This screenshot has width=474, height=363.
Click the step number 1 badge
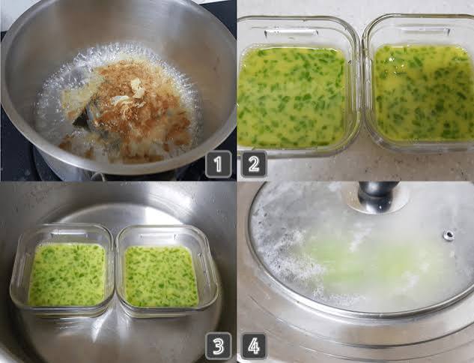pyautogui.click(x=218, y=164)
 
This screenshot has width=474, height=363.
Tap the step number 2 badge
pyautogui.click(x=254, y=164)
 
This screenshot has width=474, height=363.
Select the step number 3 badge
pyautogui.click(x=218, y=346)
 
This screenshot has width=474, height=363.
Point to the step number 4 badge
pyautogui.click(x=254, y=346)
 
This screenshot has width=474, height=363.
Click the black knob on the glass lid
pyautogui.click(x=378, y=195)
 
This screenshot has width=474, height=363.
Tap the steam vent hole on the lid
pyautogui.click(x=449, y=235)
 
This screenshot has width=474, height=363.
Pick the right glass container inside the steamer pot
pyautogui.click(x=167, y=271)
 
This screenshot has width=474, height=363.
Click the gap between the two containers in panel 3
pyautogui.click(x=115, y=272)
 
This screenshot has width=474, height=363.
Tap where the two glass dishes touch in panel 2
pyautogui.click(x=362, y=88)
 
